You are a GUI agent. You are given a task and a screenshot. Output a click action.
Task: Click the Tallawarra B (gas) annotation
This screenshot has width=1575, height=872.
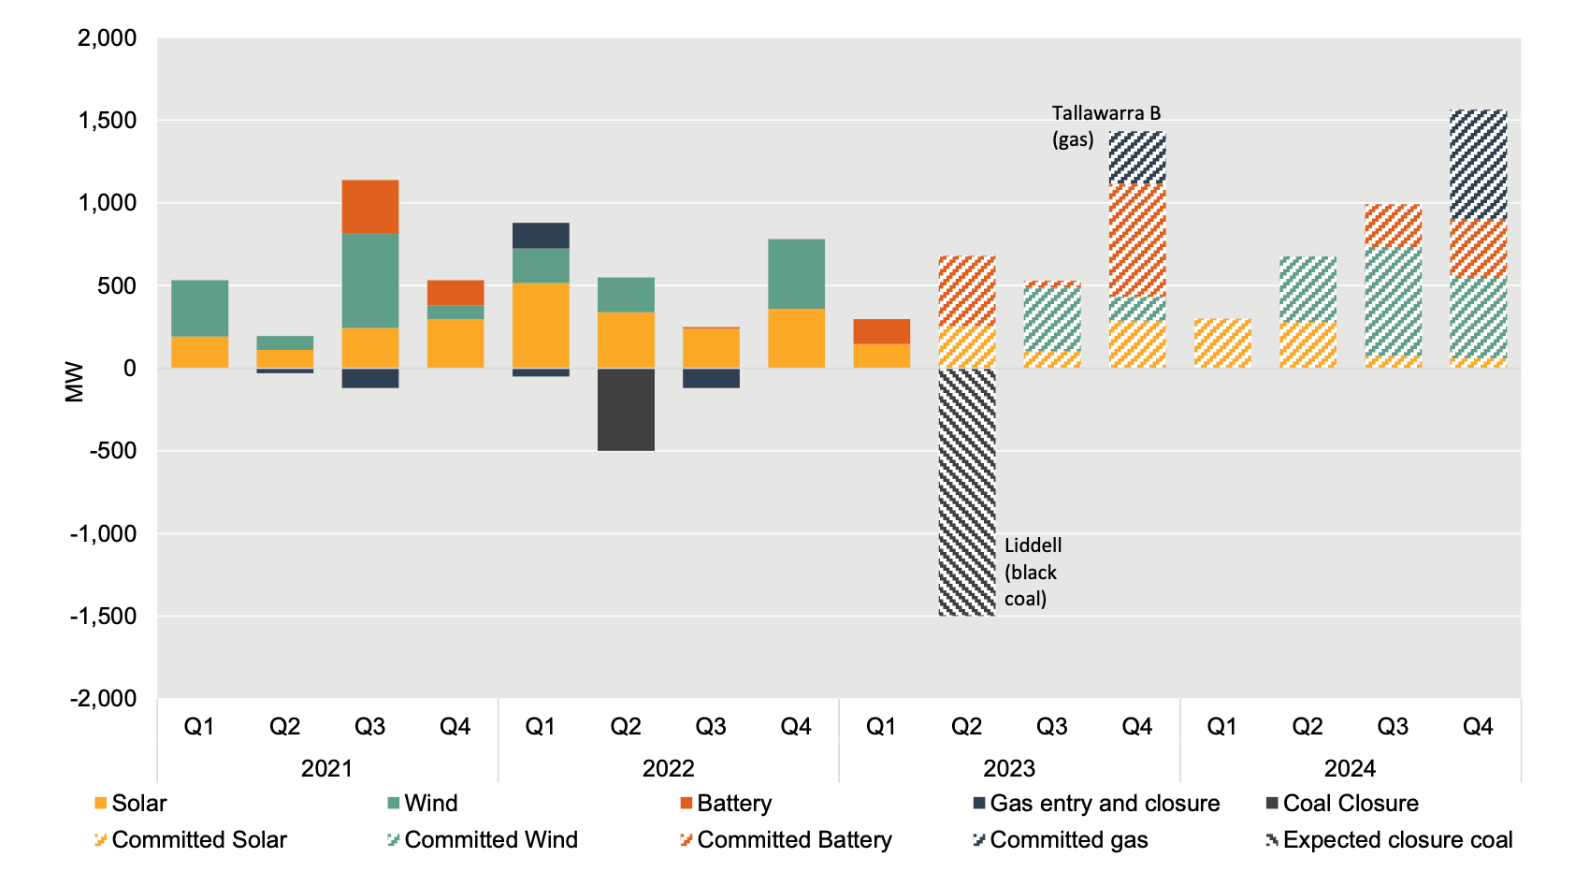click(x=1105, y=126)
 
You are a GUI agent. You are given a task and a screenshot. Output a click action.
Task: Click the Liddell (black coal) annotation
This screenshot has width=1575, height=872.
click(x=1032, y=572)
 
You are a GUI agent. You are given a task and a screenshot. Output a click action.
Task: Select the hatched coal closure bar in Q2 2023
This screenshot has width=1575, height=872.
click(x=967, y=491)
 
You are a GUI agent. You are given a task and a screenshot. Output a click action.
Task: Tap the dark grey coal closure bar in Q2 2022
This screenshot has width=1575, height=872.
click(x=626, y=410)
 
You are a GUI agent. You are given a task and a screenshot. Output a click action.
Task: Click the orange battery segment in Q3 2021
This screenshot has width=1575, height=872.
click(x=370, y=207)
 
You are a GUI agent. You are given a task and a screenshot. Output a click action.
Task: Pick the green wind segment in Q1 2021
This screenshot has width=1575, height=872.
click(x=200, y=308)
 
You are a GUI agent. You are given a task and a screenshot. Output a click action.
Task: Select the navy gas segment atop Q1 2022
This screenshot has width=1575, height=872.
click(x=541, y=235)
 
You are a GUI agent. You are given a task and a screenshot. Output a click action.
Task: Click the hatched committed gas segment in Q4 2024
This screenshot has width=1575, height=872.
click(x=1478, y=165)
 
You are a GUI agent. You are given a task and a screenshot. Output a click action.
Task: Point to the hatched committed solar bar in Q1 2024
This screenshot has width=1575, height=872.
click(x=1222, y=343)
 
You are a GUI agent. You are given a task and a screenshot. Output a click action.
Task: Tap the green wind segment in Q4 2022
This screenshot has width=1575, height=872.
click(x=796, y=274)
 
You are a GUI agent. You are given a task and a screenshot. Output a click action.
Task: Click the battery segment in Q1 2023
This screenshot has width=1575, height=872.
click(x=881, y=331)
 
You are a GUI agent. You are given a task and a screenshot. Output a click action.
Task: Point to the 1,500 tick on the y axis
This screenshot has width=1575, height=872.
click(x=108, y=121)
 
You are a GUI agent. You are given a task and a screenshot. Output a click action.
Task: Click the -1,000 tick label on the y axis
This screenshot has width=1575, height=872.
click(x=103, y=533)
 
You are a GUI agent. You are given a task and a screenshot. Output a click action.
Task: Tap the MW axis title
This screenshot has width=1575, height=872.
click(x=75, y=382)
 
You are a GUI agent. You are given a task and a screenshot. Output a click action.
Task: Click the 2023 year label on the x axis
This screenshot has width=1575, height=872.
click(x=1009, y=769)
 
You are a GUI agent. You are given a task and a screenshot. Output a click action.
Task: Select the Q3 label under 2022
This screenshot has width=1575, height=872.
click(x=711, y=727)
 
